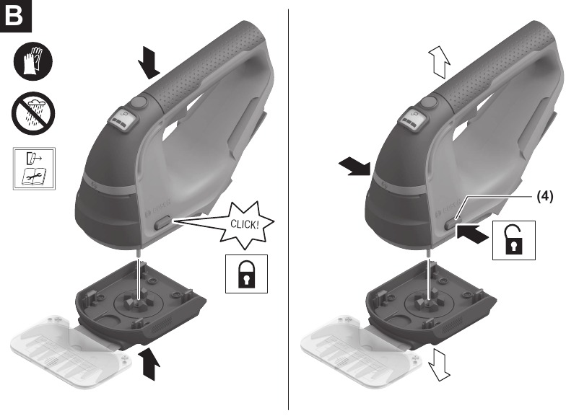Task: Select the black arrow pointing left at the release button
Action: click(x=473, y=233)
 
